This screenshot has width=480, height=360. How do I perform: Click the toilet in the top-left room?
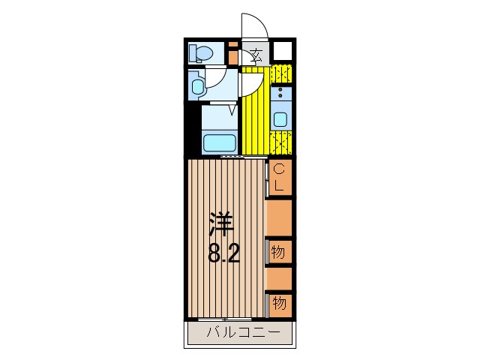click(201, 53)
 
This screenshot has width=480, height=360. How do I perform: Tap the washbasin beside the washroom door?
click(196, 85)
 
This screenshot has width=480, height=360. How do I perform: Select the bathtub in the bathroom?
click(220, 141)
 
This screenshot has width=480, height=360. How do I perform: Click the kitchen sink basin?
click(280, 118)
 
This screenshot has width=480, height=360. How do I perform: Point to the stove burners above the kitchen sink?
click(280, 94)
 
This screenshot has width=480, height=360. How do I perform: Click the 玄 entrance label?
click(256, 55)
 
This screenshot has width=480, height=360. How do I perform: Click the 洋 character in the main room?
click(222, 223)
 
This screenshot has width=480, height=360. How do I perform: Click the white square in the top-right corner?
click(281, 52)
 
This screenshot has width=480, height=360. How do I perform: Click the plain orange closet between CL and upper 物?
click(279, 217)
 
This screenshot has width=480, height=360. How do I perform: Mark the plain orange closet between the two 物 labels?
click(279, 277)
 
